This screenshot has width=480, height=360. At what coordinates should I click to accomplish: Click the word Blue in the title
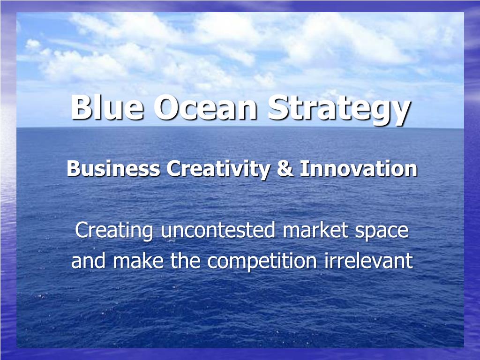pyautogui.click(x=107, y=107)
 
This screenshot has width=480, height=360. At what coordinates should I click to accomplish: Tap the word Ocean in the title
pyautogui.click(x=206, y=107)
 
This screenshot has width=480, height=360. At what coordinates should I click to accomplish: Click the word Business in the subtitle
pyautogui.click(x=113, y=169)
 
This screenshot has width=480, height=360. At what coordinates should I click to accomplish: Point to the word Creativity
pyautogui.click(x=218, y=169)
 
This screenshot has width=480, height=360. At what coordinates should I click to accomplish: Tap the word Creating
pyautogui.click(x=114, y=231)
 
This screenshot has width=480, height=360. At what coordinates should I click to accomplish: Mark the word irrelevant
pyautogui.click(x=368, y=261)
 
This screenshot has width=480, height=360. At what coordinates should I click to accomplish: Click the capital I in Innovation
pyautogui.click(x=304, y=169)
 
